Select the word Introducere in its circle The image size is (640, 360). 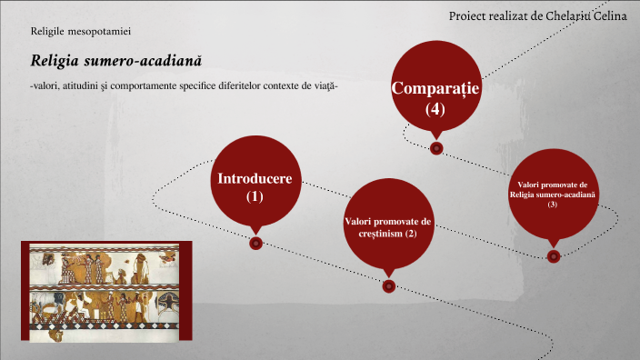[x=255, y=178]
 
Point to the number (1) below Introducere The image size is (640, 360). [x=255, y=195]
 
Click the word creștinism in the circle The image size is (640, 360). [x=375, y=235]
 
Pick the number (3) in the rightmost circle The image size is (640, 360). [x=553, y=205]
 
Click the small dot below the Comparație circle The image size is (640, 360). [x=436, y=147]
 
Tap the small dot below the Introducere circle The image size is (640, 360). [x=255, y=243]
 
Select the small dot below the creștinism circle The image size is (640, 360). [x=389, y=286]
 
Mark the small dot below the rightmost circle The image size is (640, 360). [x=554, y=255]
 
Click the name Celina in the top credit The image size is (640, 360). [x=608, y=16]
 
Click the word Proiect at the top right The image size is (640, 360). [x=469, y=16]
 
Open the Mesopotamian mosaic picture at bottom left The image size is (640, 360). [x=105, y=293]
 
